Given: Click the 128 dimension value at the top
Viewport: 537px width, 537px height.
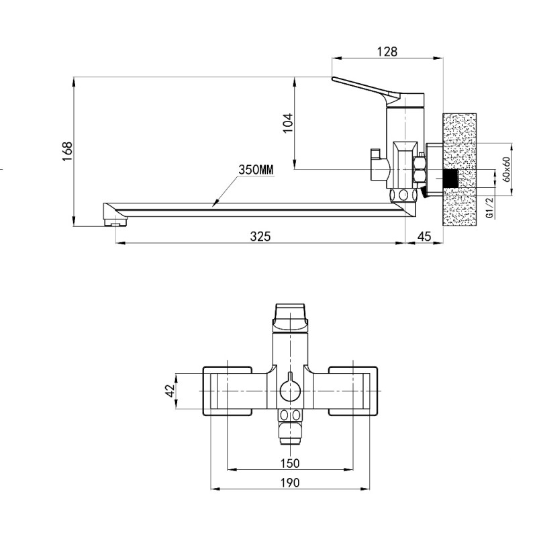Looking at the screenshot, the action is pos(387,52).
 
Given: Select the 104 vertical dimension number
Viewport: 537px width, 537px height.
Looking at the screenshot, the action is pos(289,123).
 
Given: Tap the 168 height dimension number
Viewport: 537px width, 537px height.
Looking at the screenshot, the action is pos(68,152).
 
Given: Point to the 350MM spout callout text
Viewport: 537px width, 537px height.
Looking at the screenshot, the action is pos(256,170).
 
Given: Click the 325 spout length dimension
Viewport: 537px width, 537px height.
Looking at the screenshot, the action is pos(260,236).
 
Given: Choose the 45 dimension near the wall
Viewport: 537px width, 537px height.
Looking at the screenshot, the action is pos(424,236).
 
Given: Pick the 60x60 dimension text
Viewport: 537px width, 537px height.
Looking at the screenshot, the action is pos(507,169).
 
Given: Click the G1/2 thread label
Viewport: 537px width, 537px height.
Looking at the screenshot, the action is pos(490,207).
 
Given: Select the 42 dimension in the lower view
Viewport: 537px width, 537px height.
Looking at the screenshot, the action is pos(170,391).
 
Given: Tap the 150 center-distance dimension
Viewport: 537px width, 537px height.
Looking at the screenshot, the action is pos(290,463).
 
